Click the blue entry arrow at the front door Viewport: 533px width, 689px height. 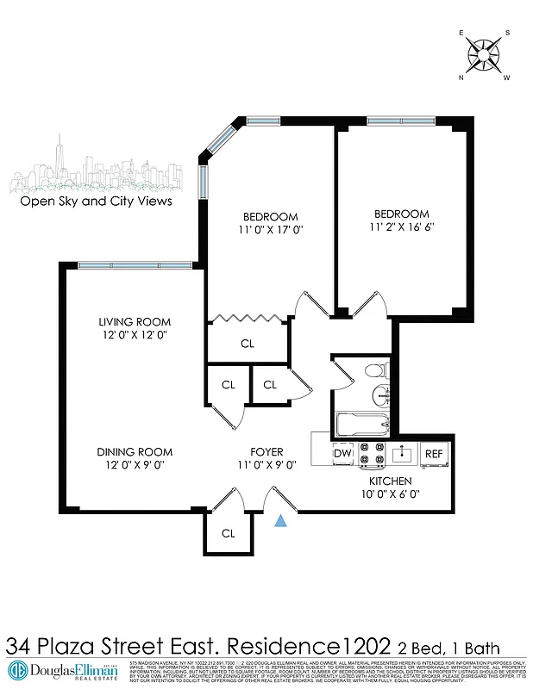click(x=281, y=520)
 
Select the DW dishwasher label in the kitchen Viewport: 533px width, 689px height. click(x=342, y=453)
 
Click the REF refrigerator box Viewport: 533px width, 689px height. click(x=433, y=454)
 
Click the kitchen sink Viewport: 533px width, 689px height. click(x=402, y=453)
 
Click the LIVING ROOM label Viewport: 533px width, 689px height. click(x=134, y=322)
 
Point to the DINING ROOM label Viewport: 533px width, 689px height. click(x=134, y=451)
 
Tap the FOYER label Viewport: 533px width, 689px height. click(x=267, y=451)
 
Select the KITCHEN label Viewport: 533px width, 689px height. click(x=390, y=481)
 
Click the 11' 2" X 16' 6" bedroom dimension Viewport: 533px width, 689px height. click(x=401, y=227)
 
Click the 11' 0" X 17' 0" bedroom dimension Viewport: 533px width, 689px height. click(x=270, y=230)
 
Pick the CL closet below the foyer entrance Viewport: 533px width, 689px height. click(x=228, y=533)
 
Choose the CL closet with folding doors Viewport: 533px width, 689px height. click(x=248, y=344)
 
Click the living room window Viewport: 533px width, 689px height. click(x=134, y=264)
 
